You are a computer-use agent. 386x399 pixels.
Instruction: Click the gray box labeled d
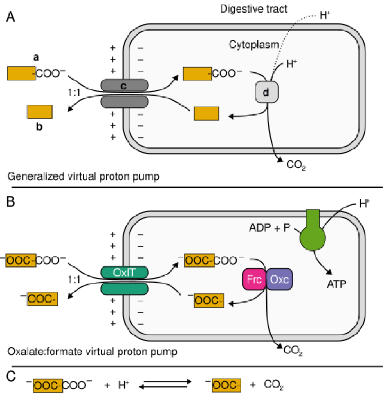(266, 92)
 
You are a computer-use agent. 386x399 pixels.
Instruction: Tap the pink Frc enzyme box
(254, 279)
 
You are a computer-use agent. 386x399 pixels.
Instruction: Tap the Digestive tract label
(254, 9)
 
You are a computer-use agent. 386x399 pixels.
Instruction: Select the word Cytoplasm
(254, 45)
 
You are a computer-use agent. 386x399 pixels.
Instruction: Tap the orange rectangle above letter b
(40, 111)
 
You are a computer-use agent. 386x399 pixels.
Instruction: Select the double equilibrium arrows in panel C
(165, 384)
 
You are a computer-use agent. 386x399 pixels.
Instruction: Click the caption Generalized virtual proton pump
(83, 176)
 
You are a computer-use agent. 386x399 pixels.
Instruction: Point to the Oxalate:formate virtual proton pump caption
(92, 351)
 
